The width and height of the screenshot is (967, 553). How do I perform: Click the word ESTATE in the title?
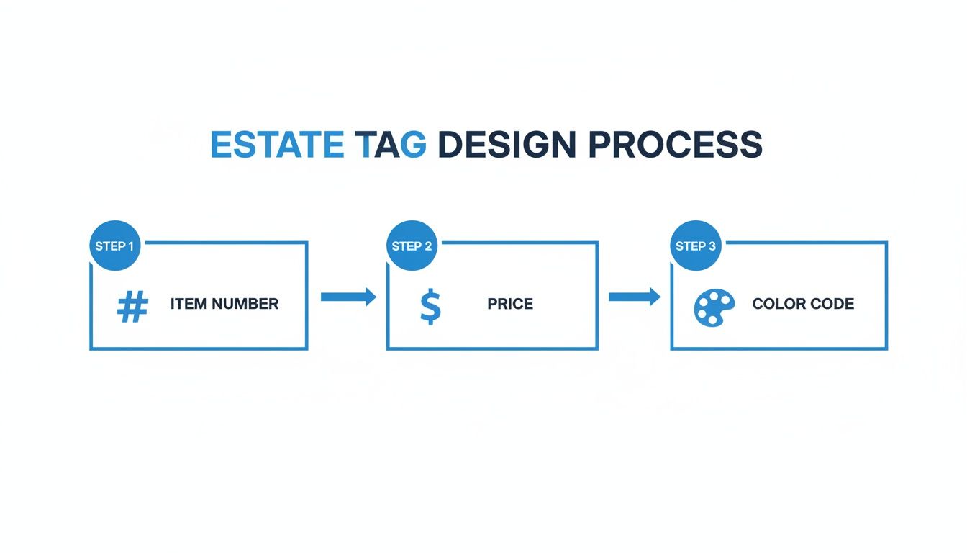pos(276,145)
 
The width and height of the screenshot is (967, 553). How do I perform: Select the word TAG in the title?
pos(391,145)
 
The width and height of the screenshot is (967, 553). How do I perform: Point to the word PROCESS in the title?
pos(675,145)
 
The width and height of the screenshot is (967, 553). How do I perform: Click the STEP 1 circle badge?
pos(114,246)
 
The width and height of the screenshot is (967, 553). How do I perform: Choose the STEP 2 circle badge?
pos(412,246)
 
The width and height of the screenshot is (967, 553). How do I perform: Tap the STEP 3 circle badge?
pos(695,246)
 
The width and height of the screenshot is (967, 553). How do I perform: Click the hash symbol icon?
pos(132,307)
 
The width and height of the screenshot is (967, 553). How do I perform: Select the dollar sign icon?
pos(430,307)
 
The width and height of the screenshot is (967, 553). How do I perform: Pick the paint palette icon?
pos(714,307)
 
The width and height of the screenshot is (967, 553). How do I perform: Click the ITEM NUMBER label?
pos(224,304)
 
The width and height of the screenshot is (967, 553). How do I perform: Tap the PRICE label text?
pos(510,304)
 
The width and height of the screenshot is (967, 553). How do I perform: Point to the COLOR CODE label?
pos(803,304)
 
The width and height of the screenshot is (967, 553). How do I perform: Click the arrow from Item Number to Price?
pos(348,297)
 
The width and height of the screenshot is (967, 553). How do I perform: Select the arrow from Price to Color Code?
pos(635,297)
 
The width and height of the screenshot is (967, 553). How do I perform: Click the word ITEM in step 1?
pos(184,304)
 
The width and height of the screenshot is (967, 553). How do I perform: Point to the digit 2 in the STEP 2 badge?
pos(428,246)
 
